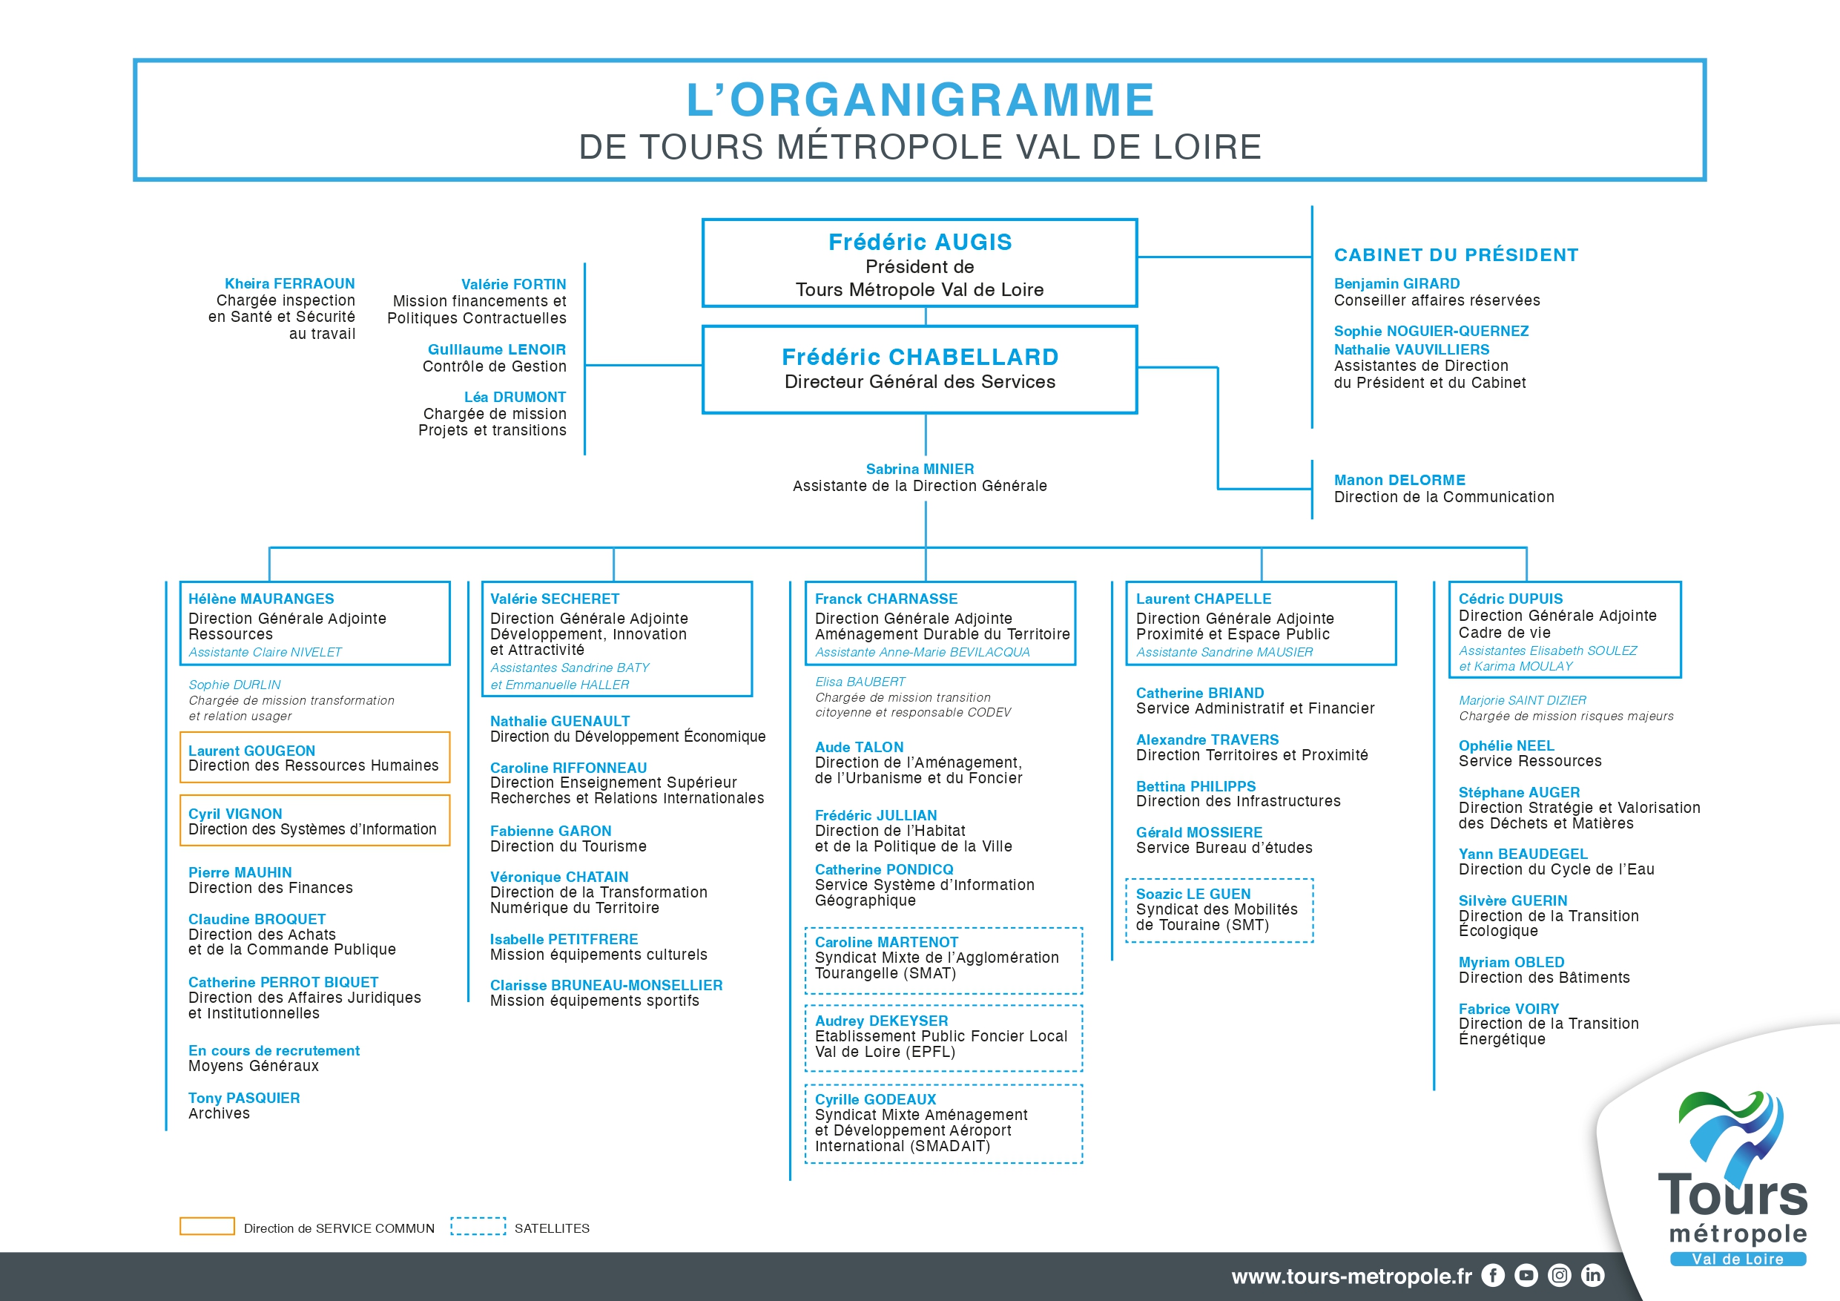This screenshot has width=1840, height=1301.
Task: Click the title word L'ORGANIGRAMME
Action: click(x=920, y=99)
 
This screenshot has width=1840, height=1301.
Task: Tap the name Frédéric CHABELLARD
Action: click(x=920, y=357)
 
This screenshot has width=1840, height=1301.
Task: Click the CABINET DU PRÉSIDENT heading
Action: click(x=1455, y=255)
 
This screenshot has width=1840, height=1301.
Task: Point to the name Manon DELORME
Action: click(x=1399, y=479)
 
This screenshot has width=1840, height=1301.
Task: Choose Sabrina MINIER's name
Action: click(x=919, y=469)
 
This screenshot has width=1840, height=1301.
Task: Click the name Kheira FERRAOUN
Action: click(x=289, y=284)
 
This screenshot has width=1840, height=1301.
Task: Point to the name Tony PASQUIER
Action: click(x=243, y=1099)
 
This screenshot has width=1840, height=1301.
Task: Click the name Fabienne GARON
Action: click(x=550, y=831)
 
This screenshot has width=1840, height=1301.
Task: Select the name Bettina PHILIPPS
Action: click(x=1196, y=786)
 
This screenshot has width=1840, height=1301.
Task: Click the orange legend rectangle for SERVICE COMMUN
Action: click(x=207, y=1225)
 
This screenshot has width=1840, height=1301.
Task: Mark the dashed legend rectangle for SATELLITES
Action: click(x=478, y=1225)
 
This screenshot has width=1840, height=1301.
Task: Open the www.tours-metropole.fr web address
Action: click(x=1351, y=1276)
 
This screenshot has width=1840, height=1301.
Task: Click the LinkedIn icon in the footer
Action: click(x=1592, y=1274)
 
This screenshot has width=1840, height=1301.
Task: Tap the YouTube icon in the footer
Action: click(x=1526, y=1274)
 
